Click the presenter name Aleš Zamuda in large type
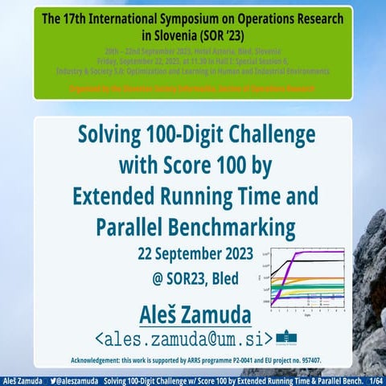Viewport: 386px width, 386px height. (x=193, y=312)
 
